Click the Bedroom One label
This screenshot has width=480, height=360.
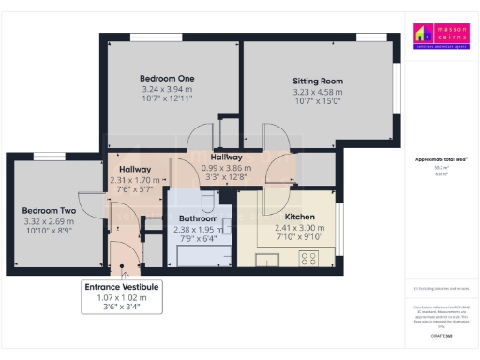[x=167, y=78]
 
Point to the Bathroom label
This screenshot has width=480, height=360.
[x=198, y=218]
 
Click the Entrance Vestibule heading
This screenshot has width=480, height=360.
[x=123, y=286]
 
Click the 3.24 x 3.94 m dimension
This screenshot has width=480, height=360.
[x=167, y=89]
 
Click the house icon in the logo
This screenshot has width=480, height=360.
[x=423, y=35]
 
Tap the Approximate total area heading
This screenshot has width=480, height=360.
[x=442, y=159]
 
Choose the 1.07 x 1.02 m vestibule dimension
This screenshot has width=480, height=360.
[x=123, y=297]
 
